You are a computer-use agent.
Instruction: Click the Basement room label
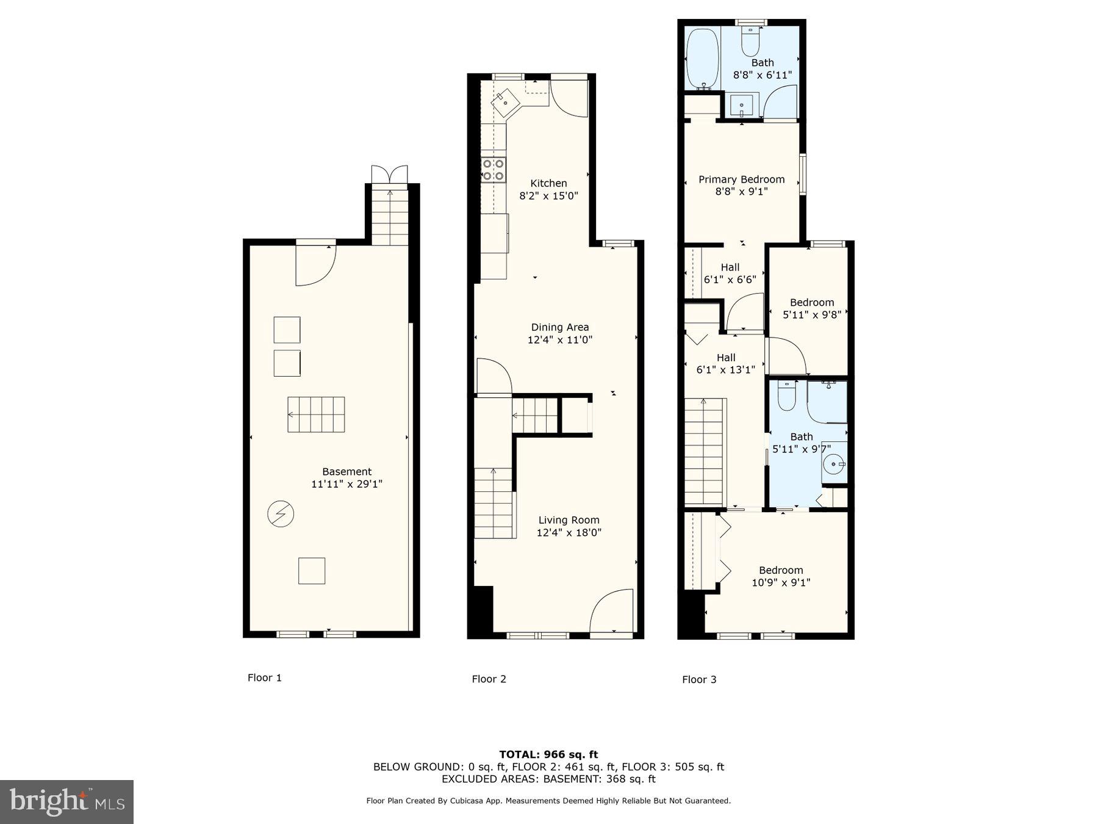coord(346,471)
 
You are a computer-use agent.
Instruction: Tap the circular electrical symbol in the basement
coord(281,514)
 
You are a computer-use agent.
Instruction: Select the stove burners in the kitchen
coord(493,170)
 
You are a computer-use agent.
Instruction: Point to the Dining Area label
coord(559,327)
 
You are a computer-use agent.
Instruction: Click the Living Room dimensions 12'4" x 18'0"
coord(569,533)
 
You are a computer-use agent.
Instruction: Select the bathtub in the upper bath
coord(703,59)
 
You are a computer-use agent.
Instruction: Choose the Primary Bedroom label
coord(741,179)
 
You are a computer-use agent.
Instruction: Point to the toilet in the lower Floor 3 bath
coord(787,397)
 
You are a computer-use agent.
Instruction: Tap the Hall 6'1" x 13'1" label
coord(725,363)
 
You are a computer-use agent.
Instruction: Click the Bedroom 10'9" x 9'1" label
coord(780,576)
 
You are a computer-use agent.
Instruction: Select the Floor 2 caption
coord(489,679)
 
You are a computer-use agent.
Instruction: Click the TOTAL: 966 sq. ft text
coord(548,754)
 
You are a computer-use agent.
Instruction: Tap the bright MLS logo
coord(66,801)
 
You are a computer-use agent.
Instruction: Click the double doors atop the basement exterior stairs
coord(389,173)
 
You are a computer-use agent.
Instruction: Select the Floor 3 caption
coord(699,679)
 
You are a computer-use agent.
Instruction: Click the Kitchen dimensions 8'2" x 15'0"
coord(548,196)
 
